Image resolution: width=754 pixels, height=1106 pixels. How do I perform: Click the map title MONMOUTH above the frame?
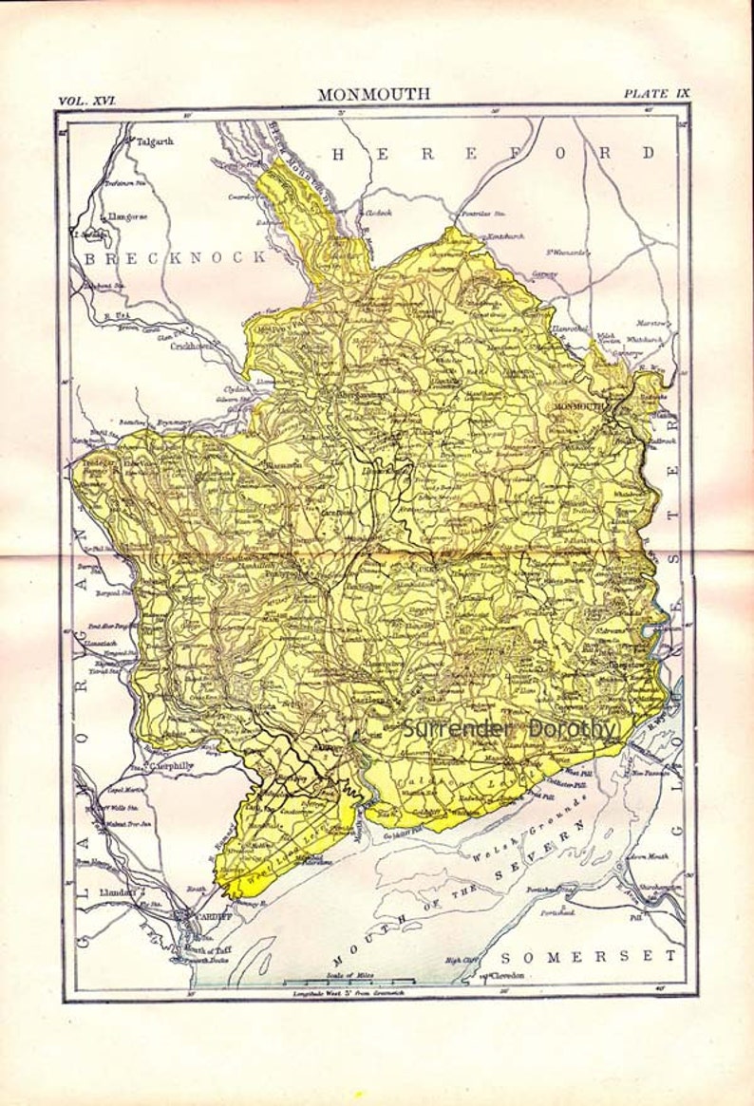pyautogui.click(x=373, y=94)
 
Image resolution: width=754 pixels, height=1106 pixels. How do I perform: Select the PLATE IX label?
pyautogui.click(x=656, y=93)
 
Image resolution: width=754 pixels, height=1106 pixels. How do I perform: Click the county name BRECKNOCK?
pyautogui.click(x=175, y=257)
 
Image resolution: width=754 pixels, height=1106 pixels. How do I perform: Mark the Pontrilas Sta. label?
pyautogui.click(x=481, y=216)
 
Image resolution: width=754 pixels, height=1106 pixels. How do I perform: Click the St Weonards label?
pyautogui.click(x=567, y=253)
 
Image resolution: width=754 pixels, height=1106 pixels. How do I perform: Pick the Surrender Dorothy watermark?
pyautogui.click(x=509, y=728)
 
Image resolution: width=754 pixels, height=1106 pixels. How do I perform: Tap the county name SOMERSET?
pyautogui.click(x=590, y=955)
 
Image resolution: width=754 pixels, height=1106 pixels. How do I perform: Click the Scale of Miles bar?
pyautogui.click(x=349, y=981)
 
